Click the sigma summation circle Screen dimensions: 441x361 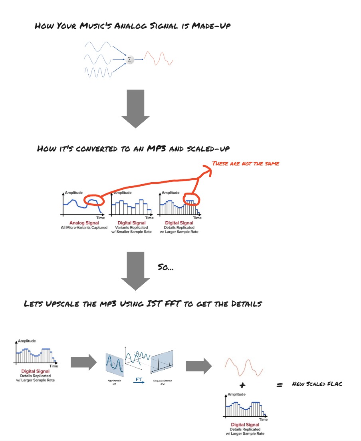(129, 59)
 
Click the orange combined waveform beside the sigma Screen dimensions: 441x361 (159, 59)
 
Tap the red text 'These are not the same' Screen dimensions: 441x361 (245, 163)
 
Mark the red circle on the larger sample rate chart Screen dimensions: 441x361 (190, 199)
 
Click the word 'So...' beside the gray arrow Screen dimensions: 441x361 (165, 268)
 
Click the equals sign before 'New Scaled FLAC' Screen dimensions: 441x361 (280, 385)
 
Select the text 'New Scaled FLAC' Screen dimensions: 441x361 (317, 384)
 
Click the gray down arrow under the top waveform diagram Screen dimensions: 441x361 (135, 108)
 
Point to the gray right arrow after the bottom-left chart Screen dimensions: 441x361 (83, 362)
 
